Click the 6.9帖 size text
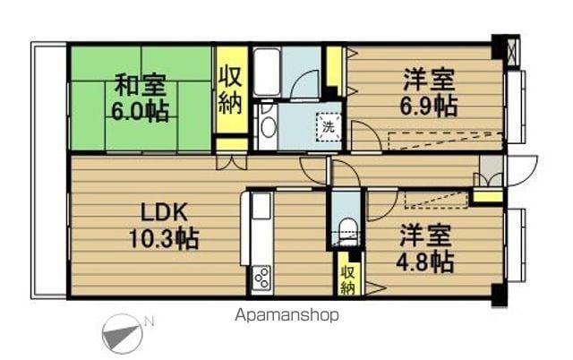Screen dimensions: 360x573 [428, 106]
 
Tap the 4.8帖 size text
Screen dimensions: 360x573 [424, 261]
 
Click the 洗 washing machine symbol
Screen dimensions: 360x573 [329, 126]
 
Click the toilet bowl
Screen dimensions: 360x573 [346, 229]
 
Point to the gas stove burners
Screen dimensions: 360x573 [261, 279]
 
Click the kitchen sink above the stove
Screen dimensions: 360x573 [261, 209]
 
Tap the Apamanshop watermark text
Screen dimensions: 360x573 [286, 315]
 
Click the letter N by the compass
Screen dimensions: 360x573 [150, 321]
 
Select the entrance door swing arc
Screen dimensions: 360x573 [522, 167]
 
